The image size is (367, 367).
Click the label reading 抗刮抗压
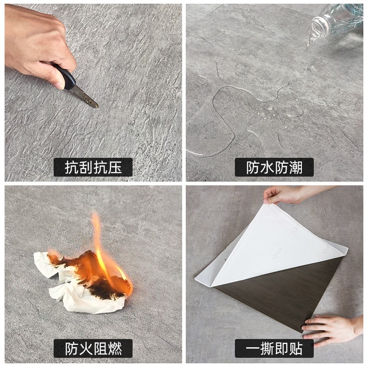(x=93, y=167)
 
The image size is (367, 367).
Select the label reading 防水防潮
(x=274, y=167)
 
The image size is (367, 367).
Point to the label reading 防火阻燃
(x=93, y=348)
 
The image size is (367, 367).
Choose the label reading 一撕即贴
(x=274, y=348)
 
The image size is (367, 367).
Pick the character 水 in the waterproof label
(x=267, y=167)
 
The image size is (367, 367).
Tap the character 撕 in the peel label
(x=267, y=349)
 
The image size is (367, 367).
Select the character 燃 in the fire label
(x=115, y=349)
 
